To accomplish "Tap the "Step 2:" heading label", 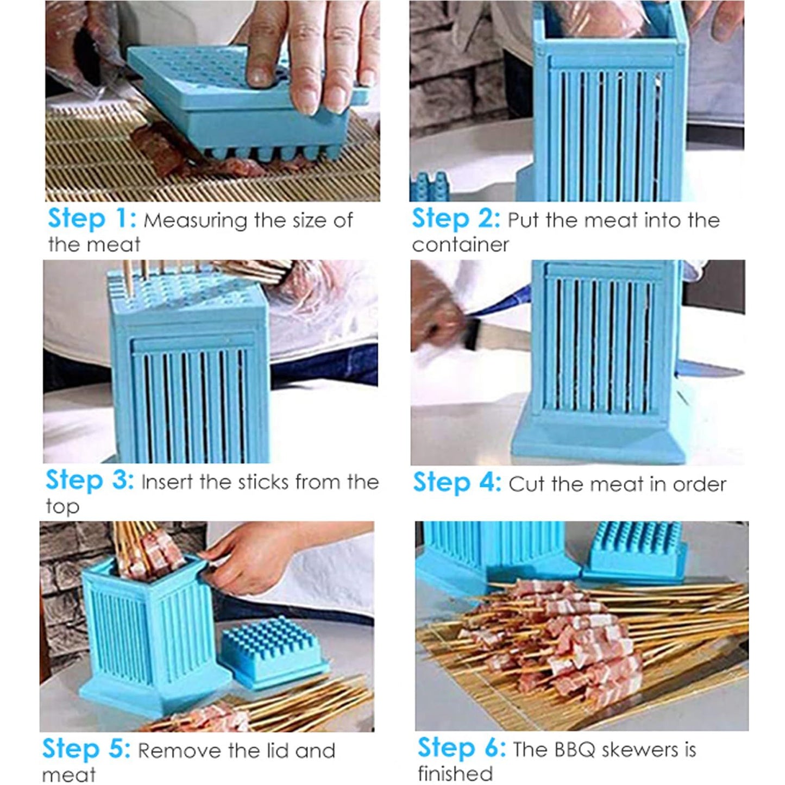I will coord(455,219).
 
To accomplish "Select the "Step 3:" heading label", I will coord(89,481).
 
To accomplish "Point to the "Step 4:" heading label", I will coord(456,482).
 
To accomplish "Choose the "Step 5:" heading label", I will coord(86,749).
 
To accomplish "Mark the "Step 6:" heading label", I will coord(461,748).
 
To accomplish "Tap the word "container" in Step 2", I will coord(460,245).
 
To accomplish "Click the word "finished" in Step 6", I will coord(455,773).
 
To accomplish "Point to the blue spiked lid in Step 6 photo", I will coord(636,549).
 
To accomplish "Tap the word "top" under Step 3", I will coord(62,507).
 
